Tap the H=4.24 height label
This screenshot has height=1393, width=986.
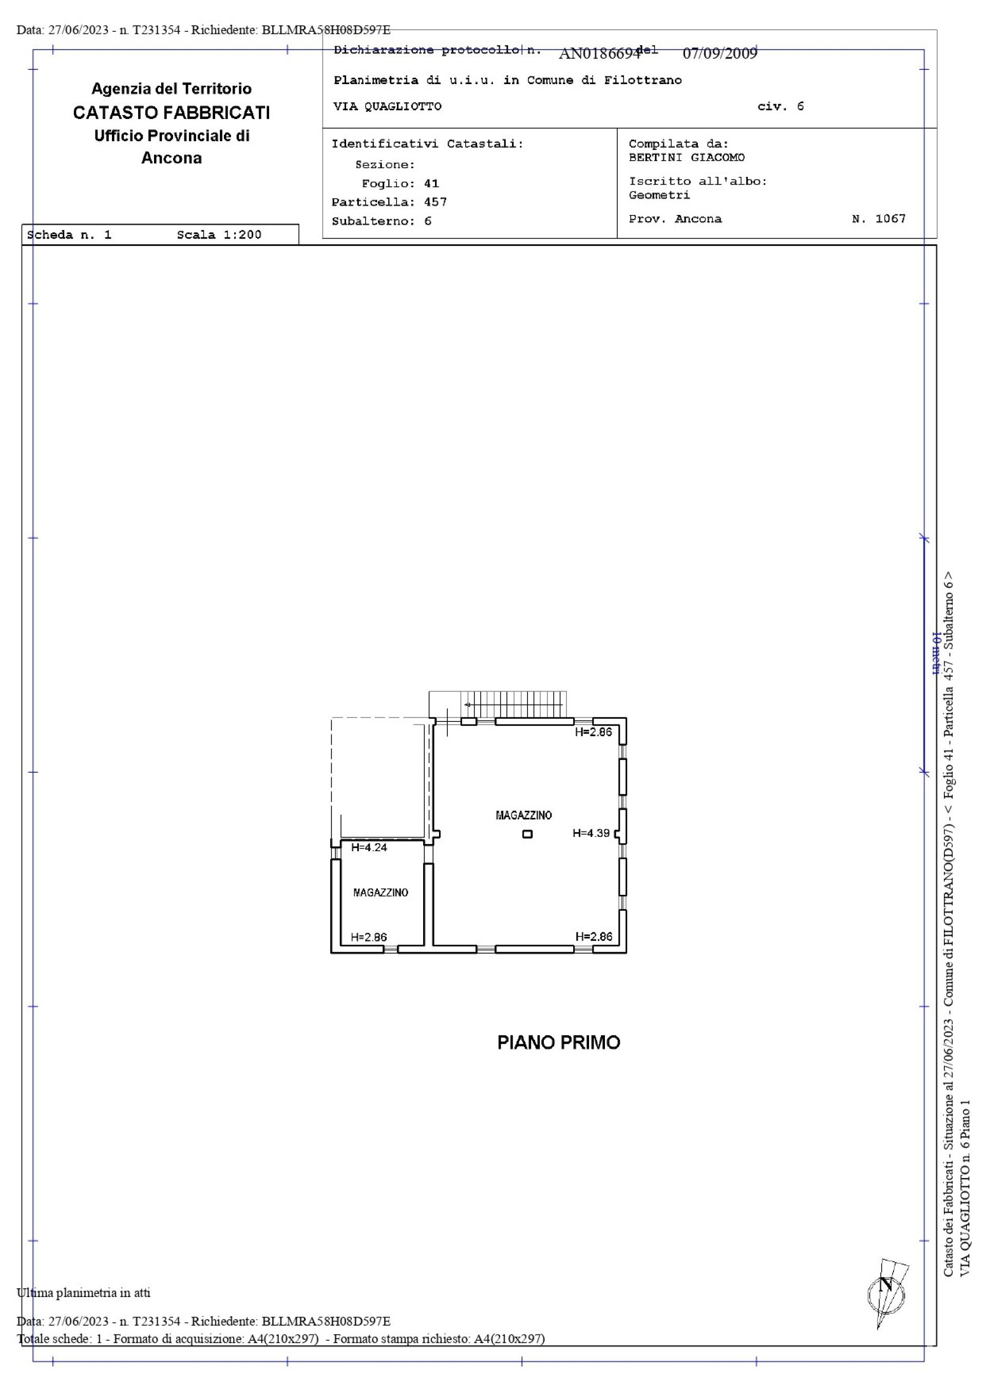point(369,848)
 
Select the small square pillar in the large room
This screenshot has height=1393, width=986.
point(527,834)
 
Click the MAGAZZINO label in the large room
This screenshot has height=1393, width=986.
point(523,815)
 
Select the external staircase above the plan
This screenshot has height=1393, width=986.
point(498,704)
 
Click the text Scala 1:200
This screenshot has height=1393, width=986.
point(219,235)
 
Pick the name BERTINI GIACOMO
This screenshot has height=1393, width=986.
point(687,158)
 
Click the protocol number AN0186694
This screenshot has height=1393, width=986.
point(599,54)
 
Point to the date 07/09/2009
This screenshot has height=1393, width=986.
point(720,54)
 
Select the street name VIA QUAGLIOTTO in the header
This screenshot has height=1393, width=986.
point(387,107)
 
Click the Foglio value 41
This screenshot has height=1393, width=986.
point(432,183)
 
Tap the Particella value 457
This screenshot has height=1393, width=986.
point(435,202)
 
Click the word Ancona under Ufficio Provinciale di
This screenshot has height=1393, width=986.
point(172,159)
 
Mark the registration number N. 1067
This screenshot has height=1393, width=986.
point(879,219)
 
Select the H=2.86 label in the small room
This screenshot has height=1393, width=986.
point(369,937)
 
